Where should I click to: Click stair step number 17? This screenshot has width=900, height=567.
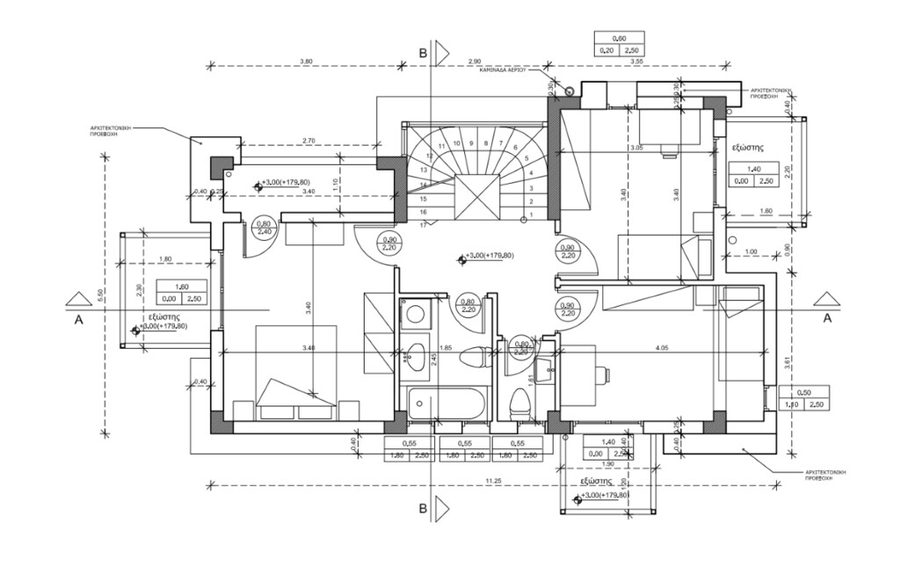(423, 225)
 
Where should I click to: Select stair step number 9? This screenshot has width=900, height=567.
(472, 142)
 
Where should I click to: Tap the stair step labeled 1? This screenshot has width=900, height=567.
(530, 214)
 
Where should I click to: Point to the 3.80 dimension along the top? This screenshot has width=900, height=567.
(305, 61)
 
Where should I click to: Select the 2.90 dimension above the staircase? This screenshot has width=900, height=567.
(474, 61)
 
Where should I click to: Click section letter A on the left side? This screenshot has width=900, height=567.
(78, 320)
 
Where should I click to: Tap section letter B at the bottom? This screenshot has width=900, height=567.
(424, 509)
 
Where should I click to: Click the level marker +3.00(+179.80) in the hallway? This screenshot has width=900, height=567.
(485, 257)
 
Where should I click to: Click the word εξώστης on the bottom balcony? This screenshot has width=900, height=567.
(595, 482)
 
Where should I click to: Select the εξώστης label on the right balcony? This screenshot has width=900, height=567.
(751, 149)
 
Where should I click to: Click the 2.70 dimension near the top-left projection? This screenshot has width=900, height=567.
(308, 141)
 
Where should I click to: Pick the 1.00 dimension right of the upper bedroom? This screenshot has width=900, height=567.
(750, 253)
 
